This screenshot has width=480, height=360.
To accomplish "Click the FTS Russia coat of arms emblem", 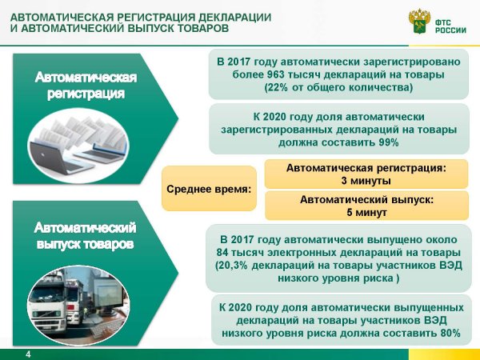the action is click(x=419, y=21).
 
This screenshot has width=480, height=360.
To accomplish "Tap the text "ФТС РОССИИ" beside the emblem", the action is click(x=450, y=26).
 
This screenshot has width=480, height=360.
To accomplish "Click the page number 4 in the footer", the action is click(x=28, y=354).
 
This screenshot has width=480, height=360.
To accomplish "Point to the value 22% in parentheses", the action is click(x=278, y=87).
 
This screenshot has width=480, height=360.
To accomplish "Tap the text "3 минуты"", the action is click(x=366, y=181).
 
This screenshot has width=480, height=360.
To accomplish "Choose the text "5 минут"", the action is click(x=366, y=212).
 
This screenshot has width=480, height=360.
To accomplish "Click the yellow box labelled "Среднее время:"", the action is click(x=209, y=189).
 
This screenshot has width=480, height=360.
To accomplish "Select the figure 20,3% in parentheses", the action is click(x=234, y=266).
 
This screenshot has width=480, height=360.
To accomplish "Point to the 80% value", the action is click(x=450, y=333).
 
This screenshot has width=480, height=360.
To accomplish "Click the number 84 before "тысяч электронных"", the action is click(x=222, y=253).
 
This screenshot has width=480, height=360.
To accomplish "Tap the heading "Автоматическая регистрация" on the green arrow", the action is click(x=86, y=86).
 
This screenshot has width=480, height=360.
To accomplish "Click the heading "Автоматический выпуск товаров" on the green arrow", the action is click(x=85, y=236).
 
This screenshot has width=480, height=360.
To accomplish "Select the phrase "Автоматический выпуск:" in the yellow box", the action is click(x=366, y=199).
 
